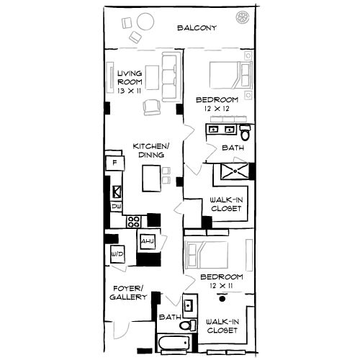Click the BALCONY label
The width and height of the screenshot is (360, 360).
[197, 29]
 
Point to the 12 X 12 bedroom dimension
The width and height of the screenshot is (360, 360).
[215, 108]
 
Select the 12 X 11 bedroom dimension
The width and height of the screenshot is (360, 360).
[221, 286]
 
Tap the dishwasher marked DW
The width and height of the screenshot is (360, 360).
[116, 207]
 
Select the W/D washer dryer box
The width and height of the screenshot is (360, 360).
[117, 255]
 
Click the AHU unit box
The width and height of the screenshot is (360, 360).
[148, 240]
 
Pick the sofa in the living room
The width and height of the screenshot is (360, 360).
[170, 77]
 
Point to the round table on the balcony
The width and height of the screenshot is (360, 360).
[141, 23]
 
